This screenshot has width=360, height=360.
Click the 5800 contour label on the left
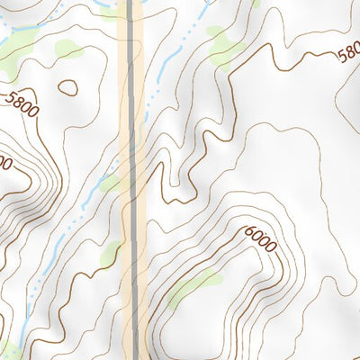[22, 104]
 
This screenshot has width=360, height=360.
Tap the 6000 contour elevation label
[260, 239]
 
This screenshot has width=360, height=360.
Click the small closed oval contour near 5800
[67, 88]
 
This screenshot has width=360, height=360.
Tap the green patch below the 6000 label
[193, 286]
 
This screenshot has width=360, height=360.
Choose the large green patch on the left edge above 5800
[11, 63]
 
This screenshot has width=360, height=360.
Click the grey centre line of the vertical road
[133, 180]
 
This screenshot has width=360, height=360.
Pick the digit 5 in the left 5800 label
[11, 97]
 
